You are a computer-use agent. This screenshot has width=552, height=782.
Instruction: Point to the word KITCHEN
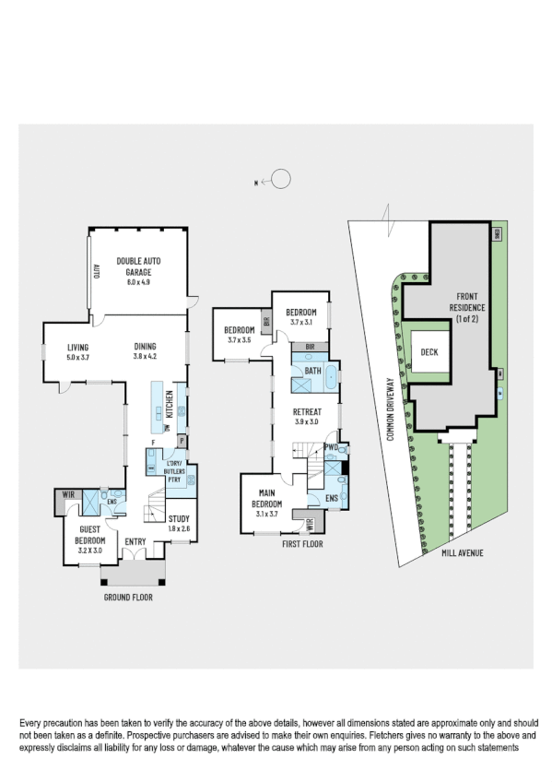tap(170, 406)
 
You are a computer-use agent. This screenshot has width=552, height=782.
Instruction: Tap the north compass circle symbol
tap(281, 181)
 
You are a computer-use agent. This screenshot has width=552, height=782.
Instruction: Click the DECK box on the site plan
tap(429, 352)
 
